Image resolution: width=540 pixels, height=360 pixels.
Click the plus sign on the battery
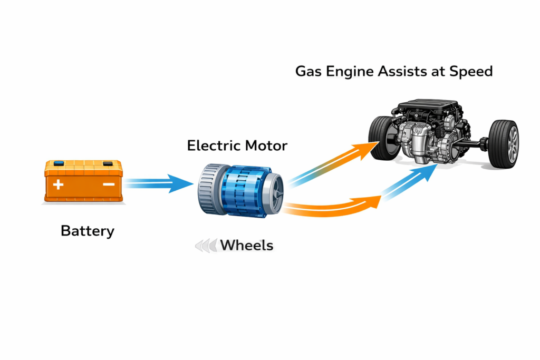coord(58,184)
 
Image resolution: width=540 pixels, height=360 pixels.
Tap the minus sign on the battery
coord(108,184)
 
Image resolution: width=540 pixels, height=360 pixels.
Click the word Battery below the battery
coord(88,231)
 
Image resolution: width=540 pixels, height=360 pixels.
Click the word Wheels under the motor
coord(246,245)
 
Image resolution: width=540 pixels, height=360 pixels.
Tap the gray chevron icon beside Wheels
coord(206,245)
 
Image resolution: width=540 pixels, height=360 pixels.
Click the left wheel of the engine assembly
coord(382,138)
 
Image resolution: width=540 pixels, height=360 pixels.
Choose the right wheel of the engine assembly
coord(504,143)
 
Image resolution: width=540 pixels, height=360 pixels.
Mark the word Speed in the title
coord(470,71)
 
